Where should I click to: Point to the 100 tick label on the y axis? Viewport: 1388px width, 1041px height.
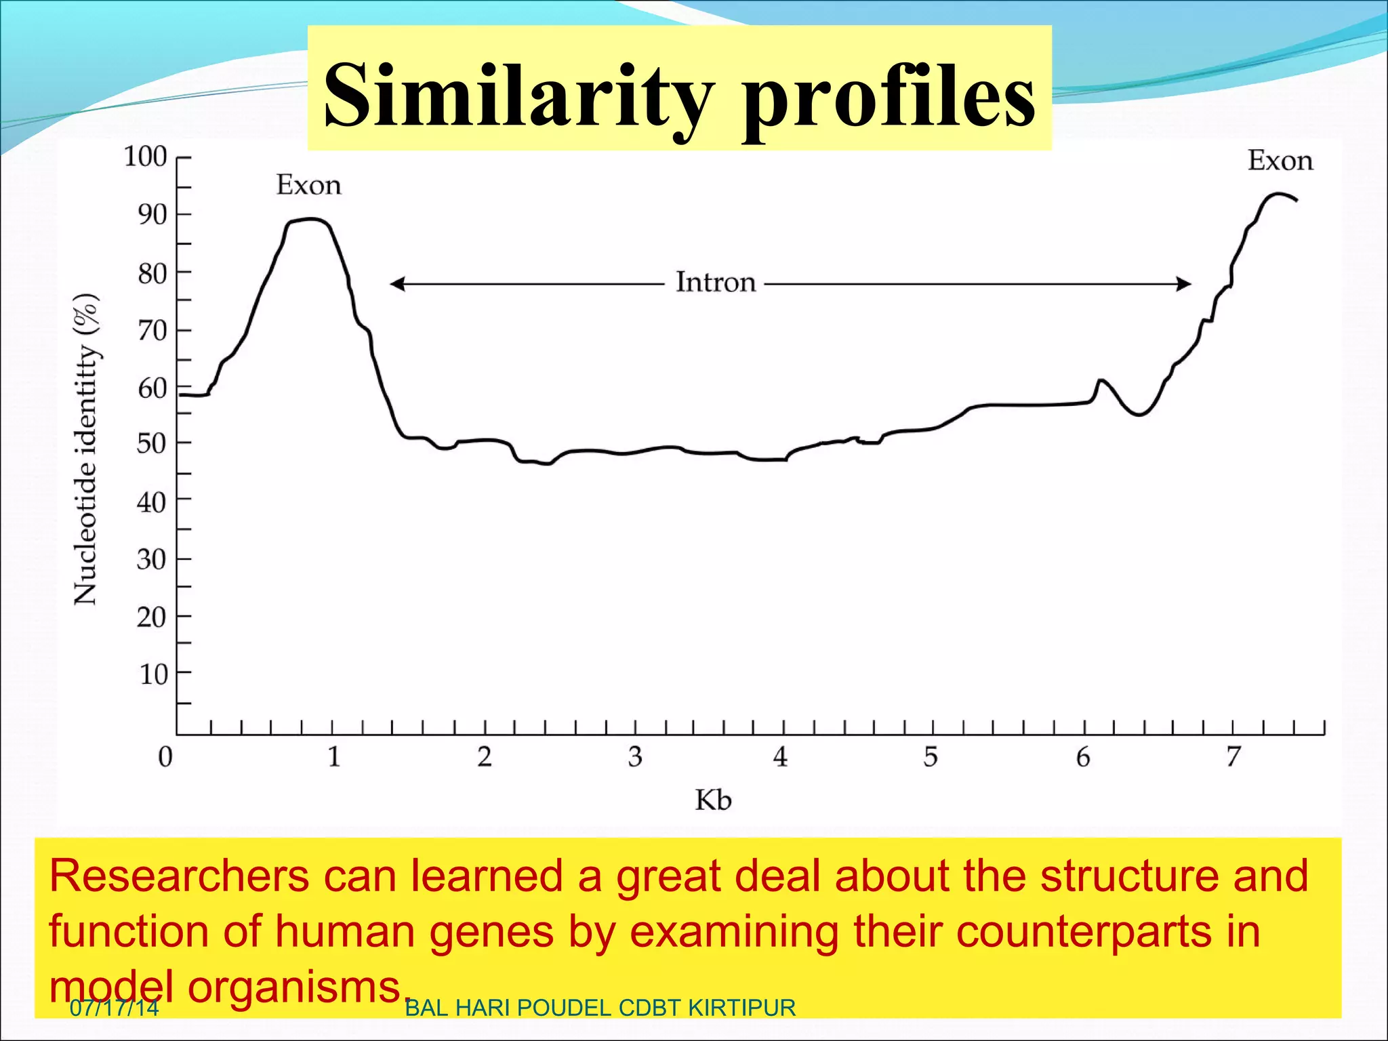[145, 157]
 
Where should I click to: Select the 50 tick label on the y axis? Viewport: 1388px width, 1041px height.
[152, 444]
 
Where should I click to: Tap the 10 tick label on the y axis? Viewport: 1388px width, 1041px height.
[153, 674]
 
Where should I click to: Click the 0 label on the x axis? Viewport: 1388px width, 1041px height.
[165, 756]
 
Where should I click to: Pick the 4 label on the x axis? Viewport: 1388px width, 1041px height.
[781, 756]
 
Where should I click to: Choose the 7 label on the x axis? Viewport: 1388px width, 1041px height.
[1233, 756]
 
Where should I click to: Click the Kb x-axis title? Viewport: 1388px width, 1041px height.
[713, 800]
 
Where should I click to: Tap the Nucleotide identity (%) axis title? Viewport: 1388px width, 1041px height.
[86, 449]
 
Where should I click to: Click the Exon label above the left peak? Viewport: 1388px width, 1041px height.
[308, 185]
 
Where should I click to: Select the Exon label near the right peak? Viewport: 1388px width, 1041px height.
[1280, 161]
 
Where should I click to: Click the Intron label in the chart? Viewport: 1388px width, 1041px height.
[715, 282]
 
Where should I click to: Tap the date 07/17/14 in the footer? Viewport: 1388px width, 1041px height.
[114, 1008]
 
